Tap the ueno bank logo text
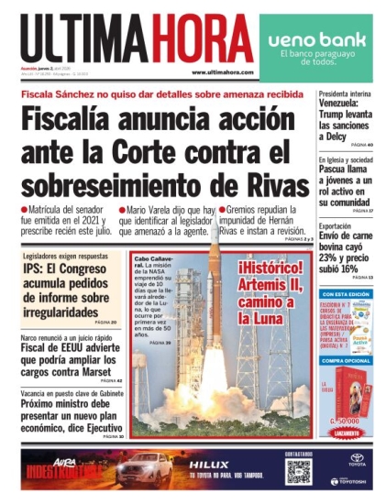point(317,40)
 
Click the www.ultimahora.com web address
point(222,72)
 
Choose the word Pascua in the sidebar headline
point(337,170)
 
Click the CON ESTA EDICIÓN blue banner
point(346,294)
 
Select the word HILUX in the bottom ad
point(208,465)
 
